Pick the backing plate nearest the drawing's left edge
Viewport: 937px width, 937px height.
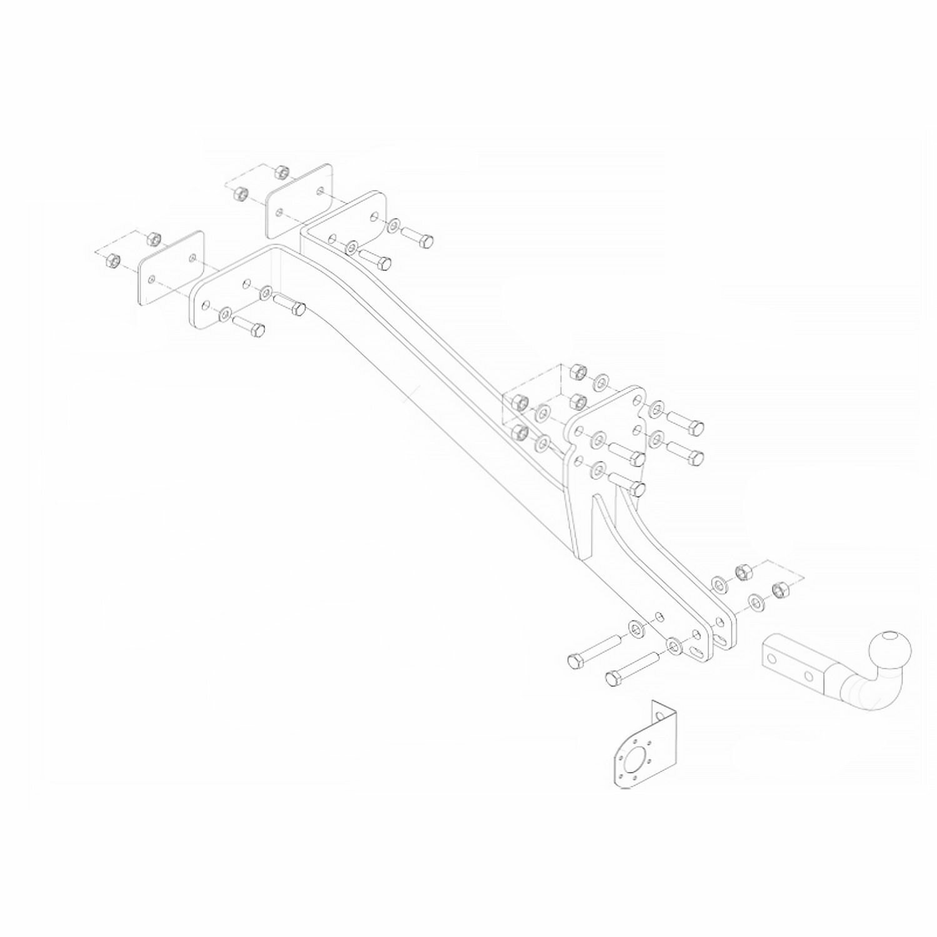[171, 270]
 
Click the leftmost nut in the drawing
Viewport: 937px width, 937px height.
[113, 259]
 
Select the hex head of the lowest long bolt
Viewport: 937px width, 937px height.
[613, 678]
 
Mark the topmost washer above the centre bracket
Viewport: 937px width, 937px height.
[602, 380]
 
